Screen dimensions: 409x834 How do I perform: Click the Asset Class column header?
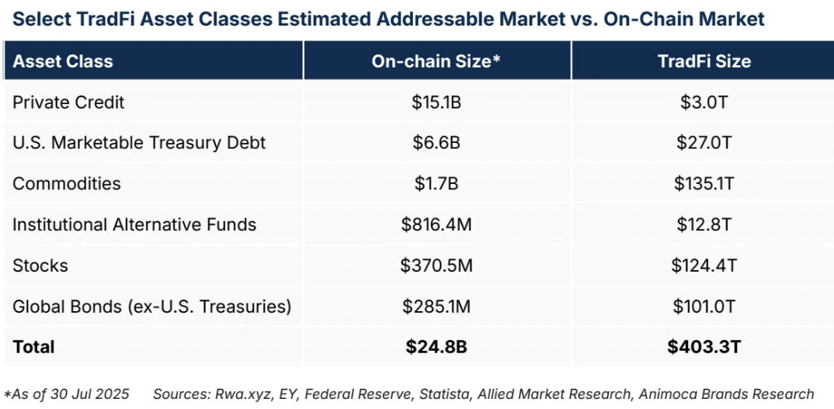[63, 61]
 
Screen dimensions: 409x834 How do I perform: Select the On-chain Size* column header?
[436, 61]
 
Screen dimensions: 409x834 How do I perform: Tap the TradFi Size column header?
[704, 61]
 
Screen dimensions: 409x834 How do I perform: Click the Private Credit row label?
[68, 102]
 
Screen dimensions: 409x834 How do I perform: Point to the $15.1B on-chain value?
[436, 102]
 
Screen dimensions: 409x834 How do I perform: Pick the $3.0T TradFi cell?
[704, 102]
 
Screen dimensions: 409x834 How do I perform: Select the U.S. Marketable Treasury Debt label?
[139, 143]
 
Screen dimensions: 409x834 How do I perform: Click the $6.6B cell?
[436, 143]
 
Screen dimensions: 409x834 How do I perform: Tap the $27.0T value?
[704, 143]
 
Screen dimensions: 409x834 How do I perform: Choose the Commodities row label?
[67, 184]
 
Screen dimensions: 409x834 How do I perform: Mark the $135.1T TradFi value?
[704, 184]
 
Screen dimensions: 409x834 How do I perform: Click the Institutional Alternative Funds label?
[134, 225]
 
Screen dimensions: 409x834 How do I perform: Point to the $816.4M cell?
[436, 225]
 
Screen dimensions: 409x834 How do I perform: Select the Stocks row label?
[40, 265]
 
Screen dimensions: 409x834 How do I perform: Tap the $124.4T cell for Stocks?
[704, 265]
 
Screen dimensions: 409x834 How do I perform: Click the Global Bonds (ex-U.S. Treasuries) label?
[152, 307]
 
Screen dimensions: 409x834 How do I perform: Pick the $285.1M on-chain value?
[436, 307]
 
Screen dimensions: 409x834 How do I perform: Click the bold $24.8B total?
[436, 346]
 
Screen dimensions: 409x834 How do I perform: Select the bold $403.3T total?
[704, 346]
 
